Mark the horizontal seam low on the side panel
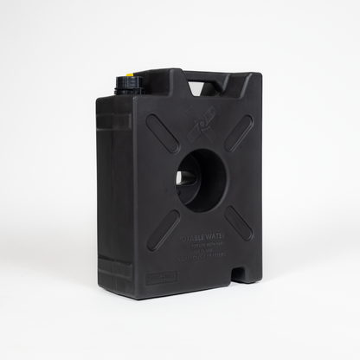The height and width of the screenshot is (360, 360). click(113, 257)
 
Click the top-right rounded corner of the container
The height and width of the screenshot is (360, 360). click(258, 80)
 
